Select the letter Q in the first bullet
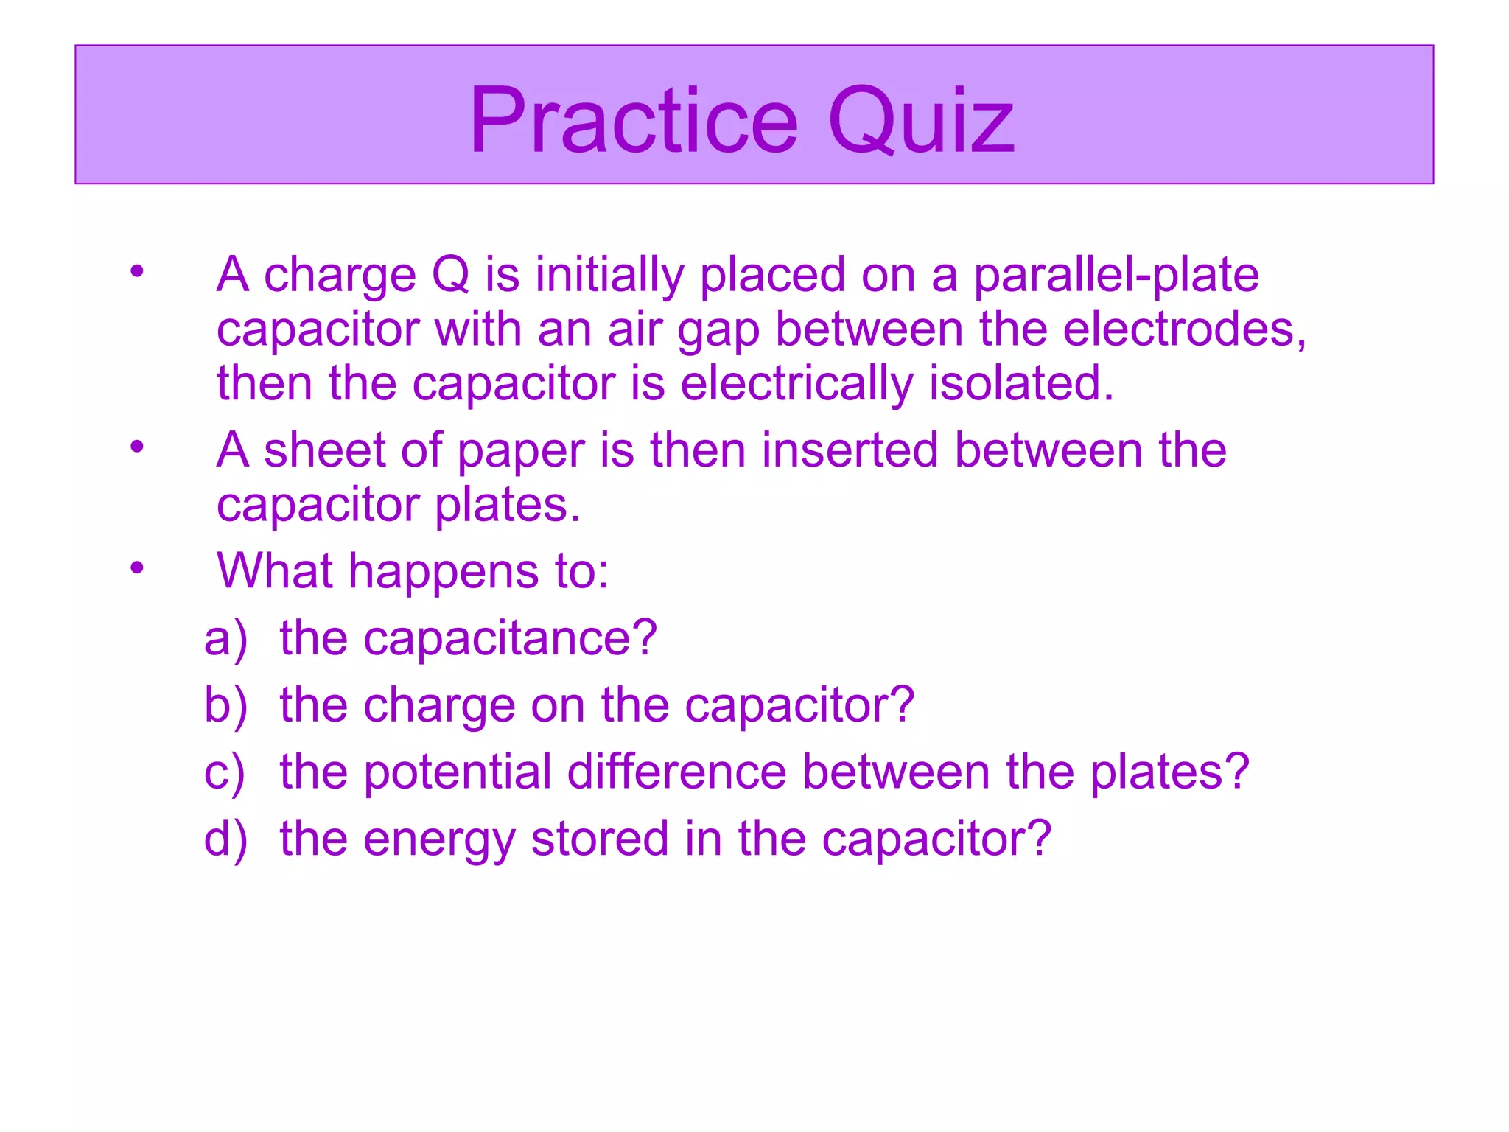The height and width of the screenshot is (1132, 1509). [x=450, y=275]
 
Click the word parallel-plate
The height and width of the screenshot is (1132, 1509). [x=1116, y=275]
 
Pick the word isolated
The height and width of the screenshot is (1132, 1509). [x=1021, y=383]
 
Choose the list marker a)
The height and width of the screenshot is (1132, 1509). [x=225, y=638]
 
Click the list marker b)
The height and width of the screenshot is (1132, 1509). [x=225, y=705]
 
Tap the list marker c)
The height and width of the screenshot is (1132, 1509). [x=224, y=772]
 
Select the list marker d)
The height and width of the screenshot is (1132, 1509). [x=225, y=839]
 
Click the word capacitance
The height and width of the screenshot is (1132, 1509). [x=509, y=638]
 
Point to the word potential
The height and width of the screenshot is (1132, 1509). [x=458, y=772]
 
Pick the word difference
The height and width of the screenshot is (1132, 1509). [x=677, y=772]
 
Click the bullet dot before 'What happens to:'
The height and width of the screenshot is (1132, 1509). [x=137, y=567]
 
